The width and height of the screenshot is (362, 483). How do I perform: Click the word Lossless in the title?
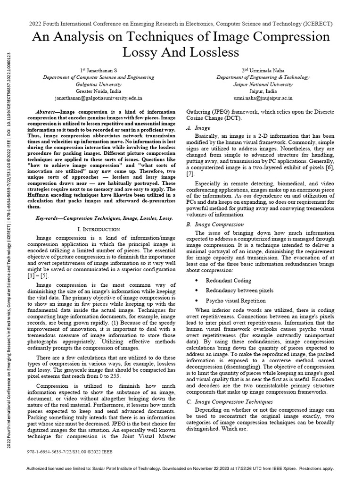[x=215, y=52]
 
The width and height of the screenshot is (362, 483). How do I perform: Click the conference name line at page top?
[x=181, y=23]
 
